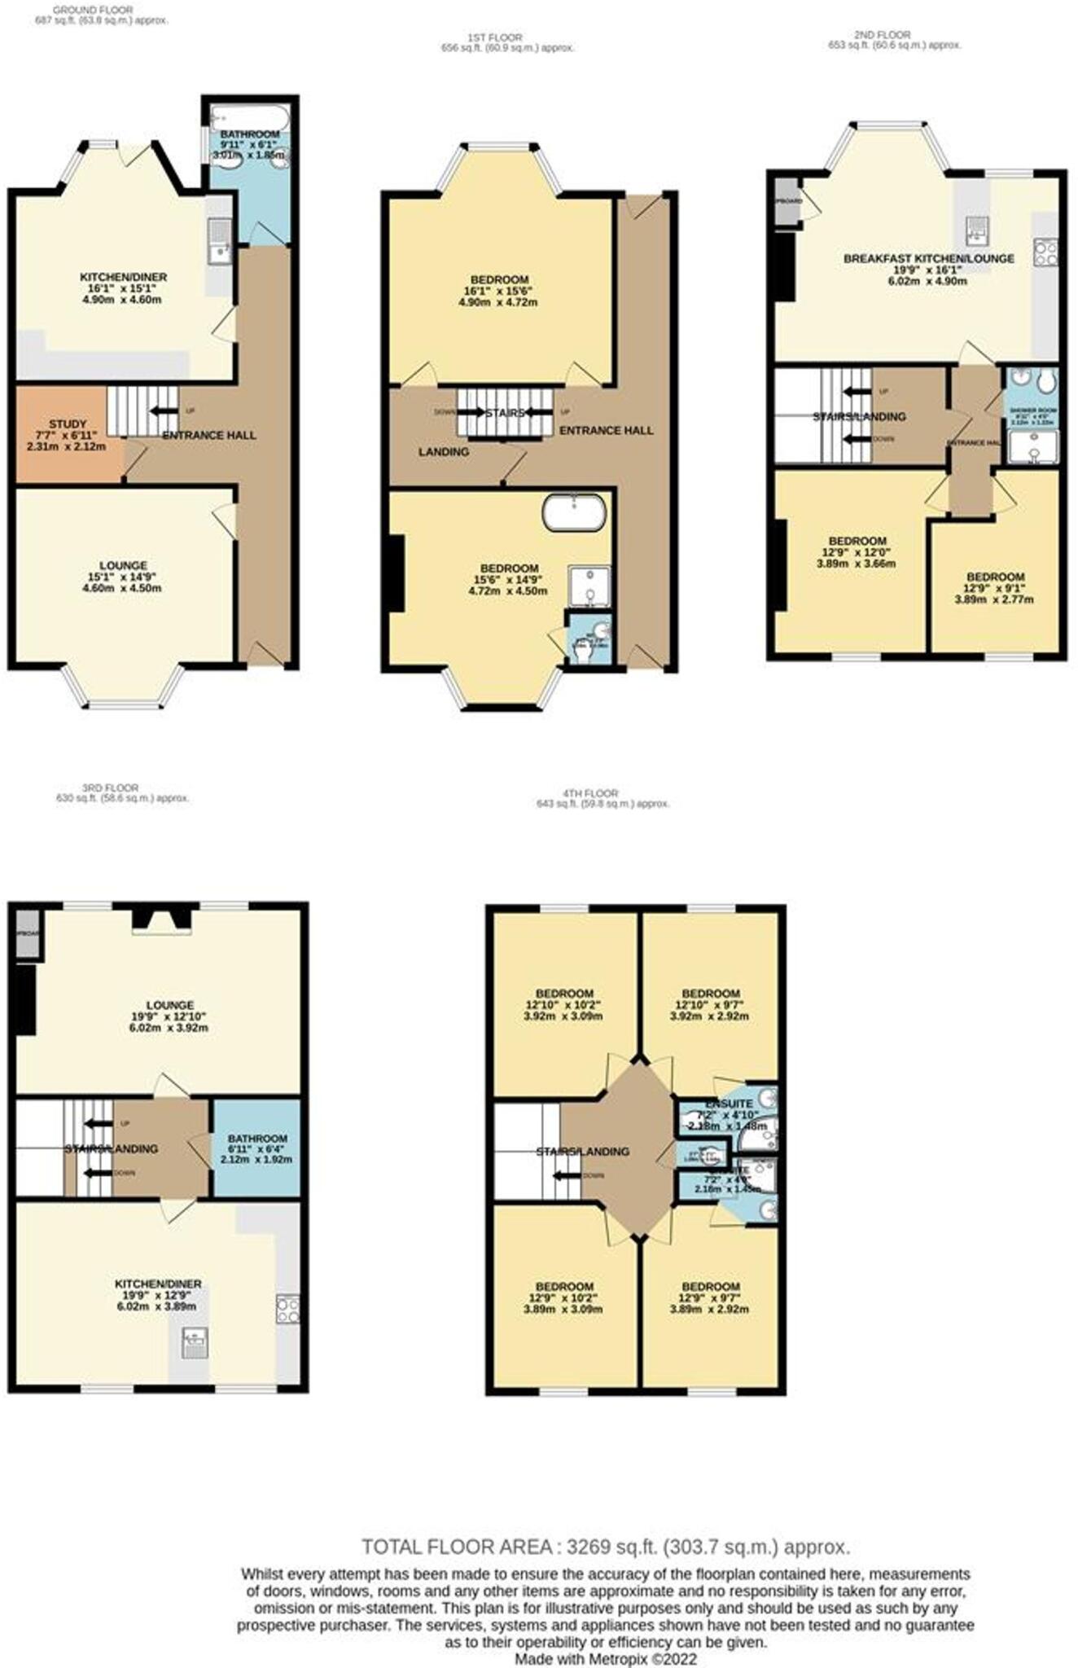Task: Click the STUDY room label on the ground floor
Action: [x=67, y=424]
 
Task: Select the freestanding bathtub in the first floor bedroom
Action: [x=575, y=511]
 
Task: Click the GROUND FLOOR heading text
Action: [x=94, y=10]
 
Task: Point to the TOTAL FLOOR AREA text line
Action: [x=606, y=1547]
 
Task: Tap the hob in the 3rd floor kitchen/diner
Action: [x=288, y=1309]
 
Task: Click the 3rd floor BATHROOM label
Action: [x=257, y=1139]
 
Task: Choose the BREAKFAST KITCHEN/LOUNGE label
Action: [x=928, y=259]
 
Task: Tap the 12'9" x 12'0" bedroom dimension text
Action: [x=857, y=552]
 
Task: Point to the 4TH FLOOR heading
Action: [x=590, y=792]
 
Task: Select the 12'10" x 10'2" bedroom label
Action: [x=564, y=994]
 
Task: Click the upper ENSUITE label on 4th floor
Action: [x=729, y=1104]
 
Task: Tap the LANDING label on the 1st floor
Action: [x=444, y=451]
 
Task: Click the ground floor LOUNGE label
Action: [x=123, y=565]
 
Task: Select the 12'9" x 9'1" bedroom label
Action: [x=994, y=577]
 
